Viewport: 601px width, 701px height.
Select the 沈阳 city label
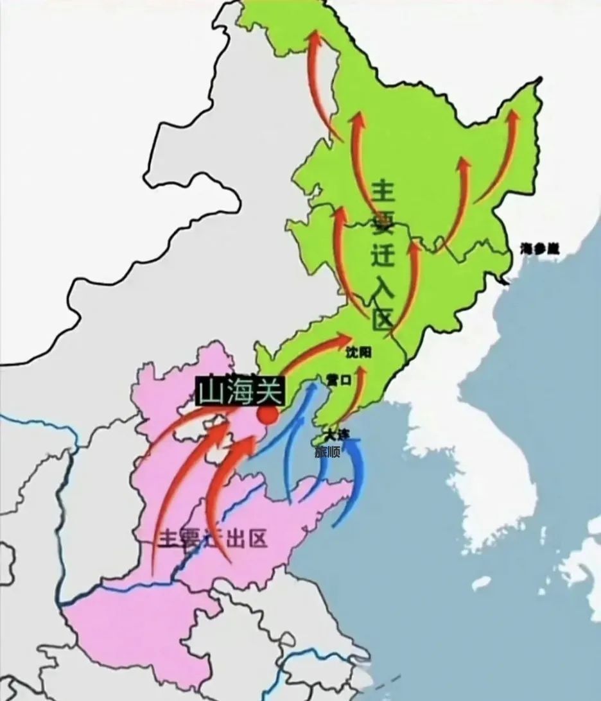pyautogui.click(x=358, y=352)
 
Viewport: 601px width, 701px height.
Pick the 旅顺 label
pyautogui.click(x=327, y=451)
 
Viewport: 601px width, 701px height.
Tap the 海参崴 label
pyautogui.click(x=540, y=248)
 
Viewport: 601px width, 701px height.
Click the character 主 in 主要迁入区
pyautogui.click(x=385, y=192)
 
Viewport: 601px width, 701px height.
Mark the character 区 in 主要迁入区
pyautogui.click(x=381, y=319)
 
